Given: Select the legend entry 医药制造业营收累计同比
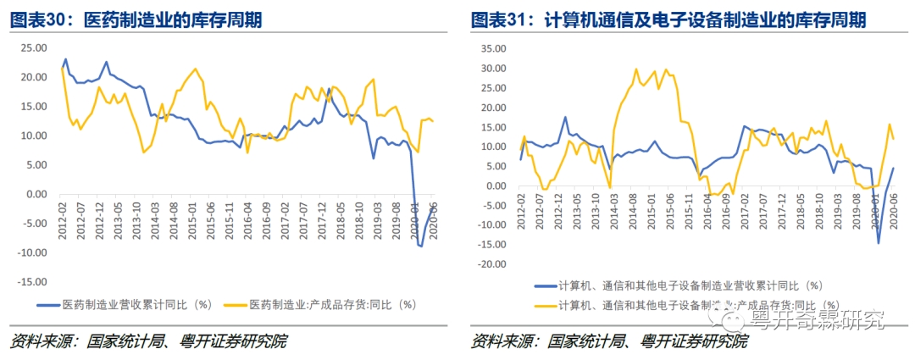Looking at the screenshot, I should point(127,304).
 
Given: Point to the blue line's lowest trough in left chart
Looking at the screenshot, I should point(421,246).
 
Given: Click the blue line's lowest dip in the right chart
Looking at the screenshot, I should point(879,243).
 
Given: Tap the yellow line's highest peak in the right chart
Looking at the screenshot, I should point(636,69).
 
